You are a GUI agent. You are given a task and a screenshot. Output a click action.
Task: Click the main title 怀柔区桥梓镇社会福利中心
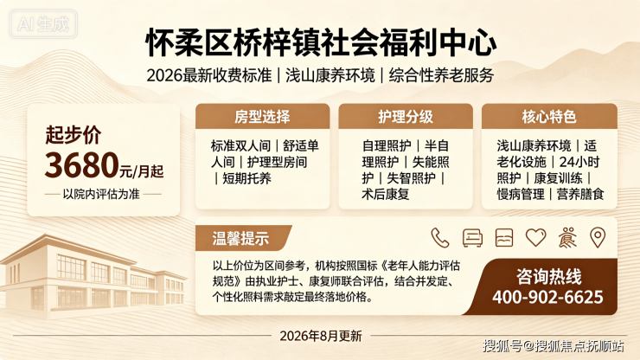tap(321, 42)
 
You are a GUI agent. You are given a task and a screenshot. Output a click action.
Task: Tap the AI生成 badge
tap(43, 24)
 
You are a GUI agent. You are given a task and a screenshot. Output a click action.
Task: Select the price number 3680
tap(81, 165)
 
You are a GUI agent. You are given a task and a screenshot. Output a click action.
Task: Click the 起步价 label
tap(73, 134)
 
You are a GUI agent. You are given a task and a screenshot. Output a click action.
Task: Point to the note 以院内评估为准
tap(101, 194)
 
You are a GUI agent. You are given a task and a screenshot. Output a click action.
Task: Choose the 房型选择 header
tap(262, 117)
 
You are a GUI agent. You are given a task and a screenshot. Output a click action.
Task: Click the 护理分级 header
tap(406, 117)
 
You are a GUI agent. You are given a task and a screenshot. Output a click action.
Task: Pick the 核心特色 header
tap(549, 117)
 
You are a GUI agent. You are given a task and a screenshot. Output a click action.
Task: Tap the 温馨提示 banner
tap(240, 238)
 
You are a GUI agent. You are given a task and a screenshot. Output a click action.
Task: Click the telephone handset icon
tap(440, 238)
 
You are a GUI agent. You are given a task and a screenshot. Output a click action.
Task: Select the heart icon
tap(535, 237)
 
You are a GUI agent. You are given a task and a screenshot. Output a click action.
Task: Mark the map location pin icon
tap(598, 237)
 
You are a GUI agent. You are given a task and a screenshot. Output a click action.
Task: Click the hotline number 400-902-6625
tap(547, 297)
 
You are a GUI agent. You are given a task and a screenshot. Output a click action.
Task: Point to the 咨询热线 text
tap(548, 277)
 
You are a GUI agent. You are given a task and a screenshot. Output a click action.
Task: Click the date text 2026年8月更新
tap(321, 336)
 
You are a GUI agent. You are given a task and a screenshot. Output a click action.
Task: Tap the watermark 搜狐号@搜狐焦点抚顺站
tap(554, 345)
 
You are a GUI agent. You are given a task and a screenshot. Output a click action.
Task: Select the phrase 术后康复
tap(386, 194)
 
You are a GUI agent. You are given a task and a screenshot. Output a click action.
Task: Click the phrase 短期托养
tap(246, 178)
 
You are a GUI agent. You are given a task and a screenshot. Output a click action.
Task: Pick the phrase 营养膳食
tap(580, 194)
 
